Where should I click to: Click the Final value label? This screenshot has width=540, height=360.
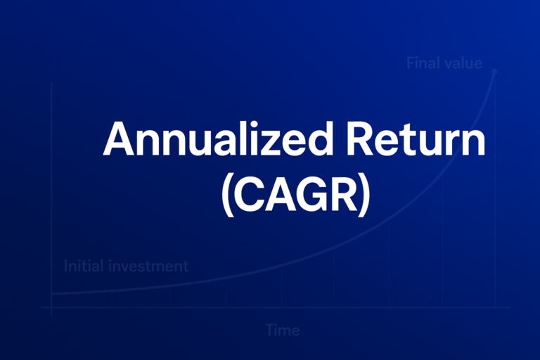[444, 63]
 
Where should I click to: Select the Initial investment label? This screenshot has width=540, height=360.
[126, 266]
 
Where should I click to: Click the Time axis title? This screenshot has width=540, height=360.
[283, 330]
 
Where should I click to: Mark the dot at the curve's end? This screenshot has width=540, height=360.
[495, 71]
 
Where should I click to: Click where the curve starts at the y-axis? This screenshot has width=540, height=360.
[52, 294]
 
